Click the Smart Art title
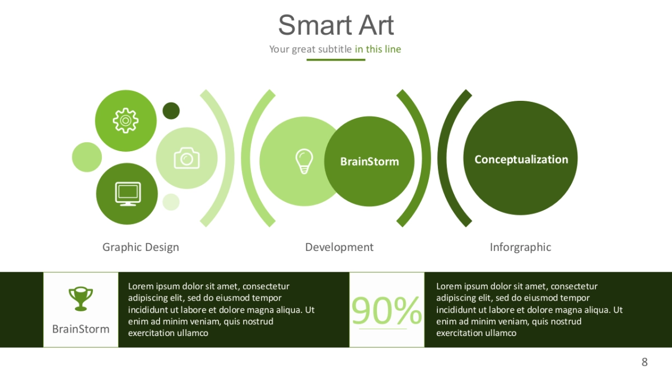(335, 25)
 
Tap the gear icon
(125, 120)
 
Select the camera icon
(186, 158)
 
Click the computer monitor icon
(128, 194)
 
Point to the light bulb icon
(304, 161)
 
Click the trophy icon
(81, 299)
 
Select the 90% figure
(387, 310)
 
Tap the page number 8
(645, 362)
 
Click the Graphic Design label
(141, 248)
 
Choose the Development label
(339, 248)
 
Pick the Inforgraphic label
(520, 248)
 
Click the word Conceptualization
(521, 160)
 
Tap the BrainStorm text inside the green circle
(370, 162)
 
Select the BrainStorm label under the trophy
(81, 329)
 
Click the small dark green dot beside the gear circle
(171, 111)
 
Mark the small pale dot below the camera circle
(171, 202)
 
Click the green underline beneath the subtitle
(335, 60)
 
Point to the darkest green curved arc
(442, 158)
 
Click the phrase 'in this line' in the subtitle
(378, 49)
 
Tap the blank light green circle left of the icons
(87, 157)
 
